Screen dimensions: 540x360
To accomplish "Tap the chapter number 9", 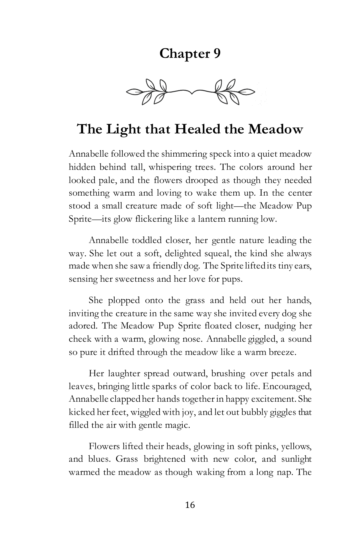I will coord(217,54).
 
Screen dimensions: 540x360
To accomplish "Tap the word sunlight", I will coord(296,459).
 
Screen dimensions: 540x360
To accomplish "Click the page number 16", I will coord(190,505).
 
